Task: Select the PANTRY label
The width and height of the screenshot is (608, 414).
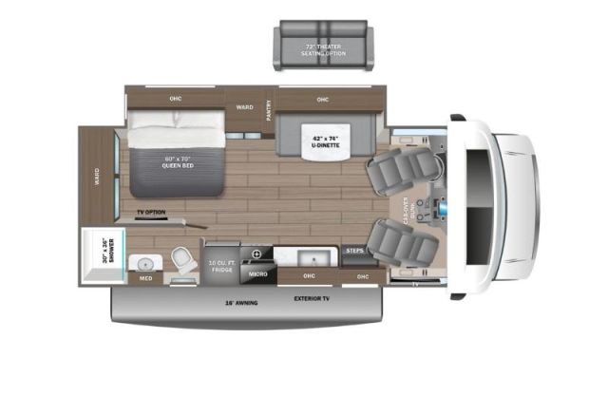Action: pyautogui.click(x=269, y=110)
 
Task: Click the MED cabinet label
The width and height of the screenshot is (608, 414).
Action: pyautogui.click(x=146, y=279)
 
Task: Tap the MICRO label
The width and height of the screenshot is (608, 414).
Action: pyautogui.click(x=256, y=274)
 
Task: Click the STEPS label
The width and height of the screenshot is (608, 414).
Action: pyautogui.click(x=354, y=251)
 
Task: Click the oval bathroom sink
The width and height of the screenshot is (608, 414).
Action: pyautogui.click(x=146, y=263)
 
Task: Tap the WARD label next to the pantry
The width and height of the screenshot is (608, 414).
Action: pyautogui.click(x=244, y=107)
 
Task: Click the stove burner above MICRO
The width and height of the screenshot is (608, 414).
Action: pyautogui.click(x=256, y=254)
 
